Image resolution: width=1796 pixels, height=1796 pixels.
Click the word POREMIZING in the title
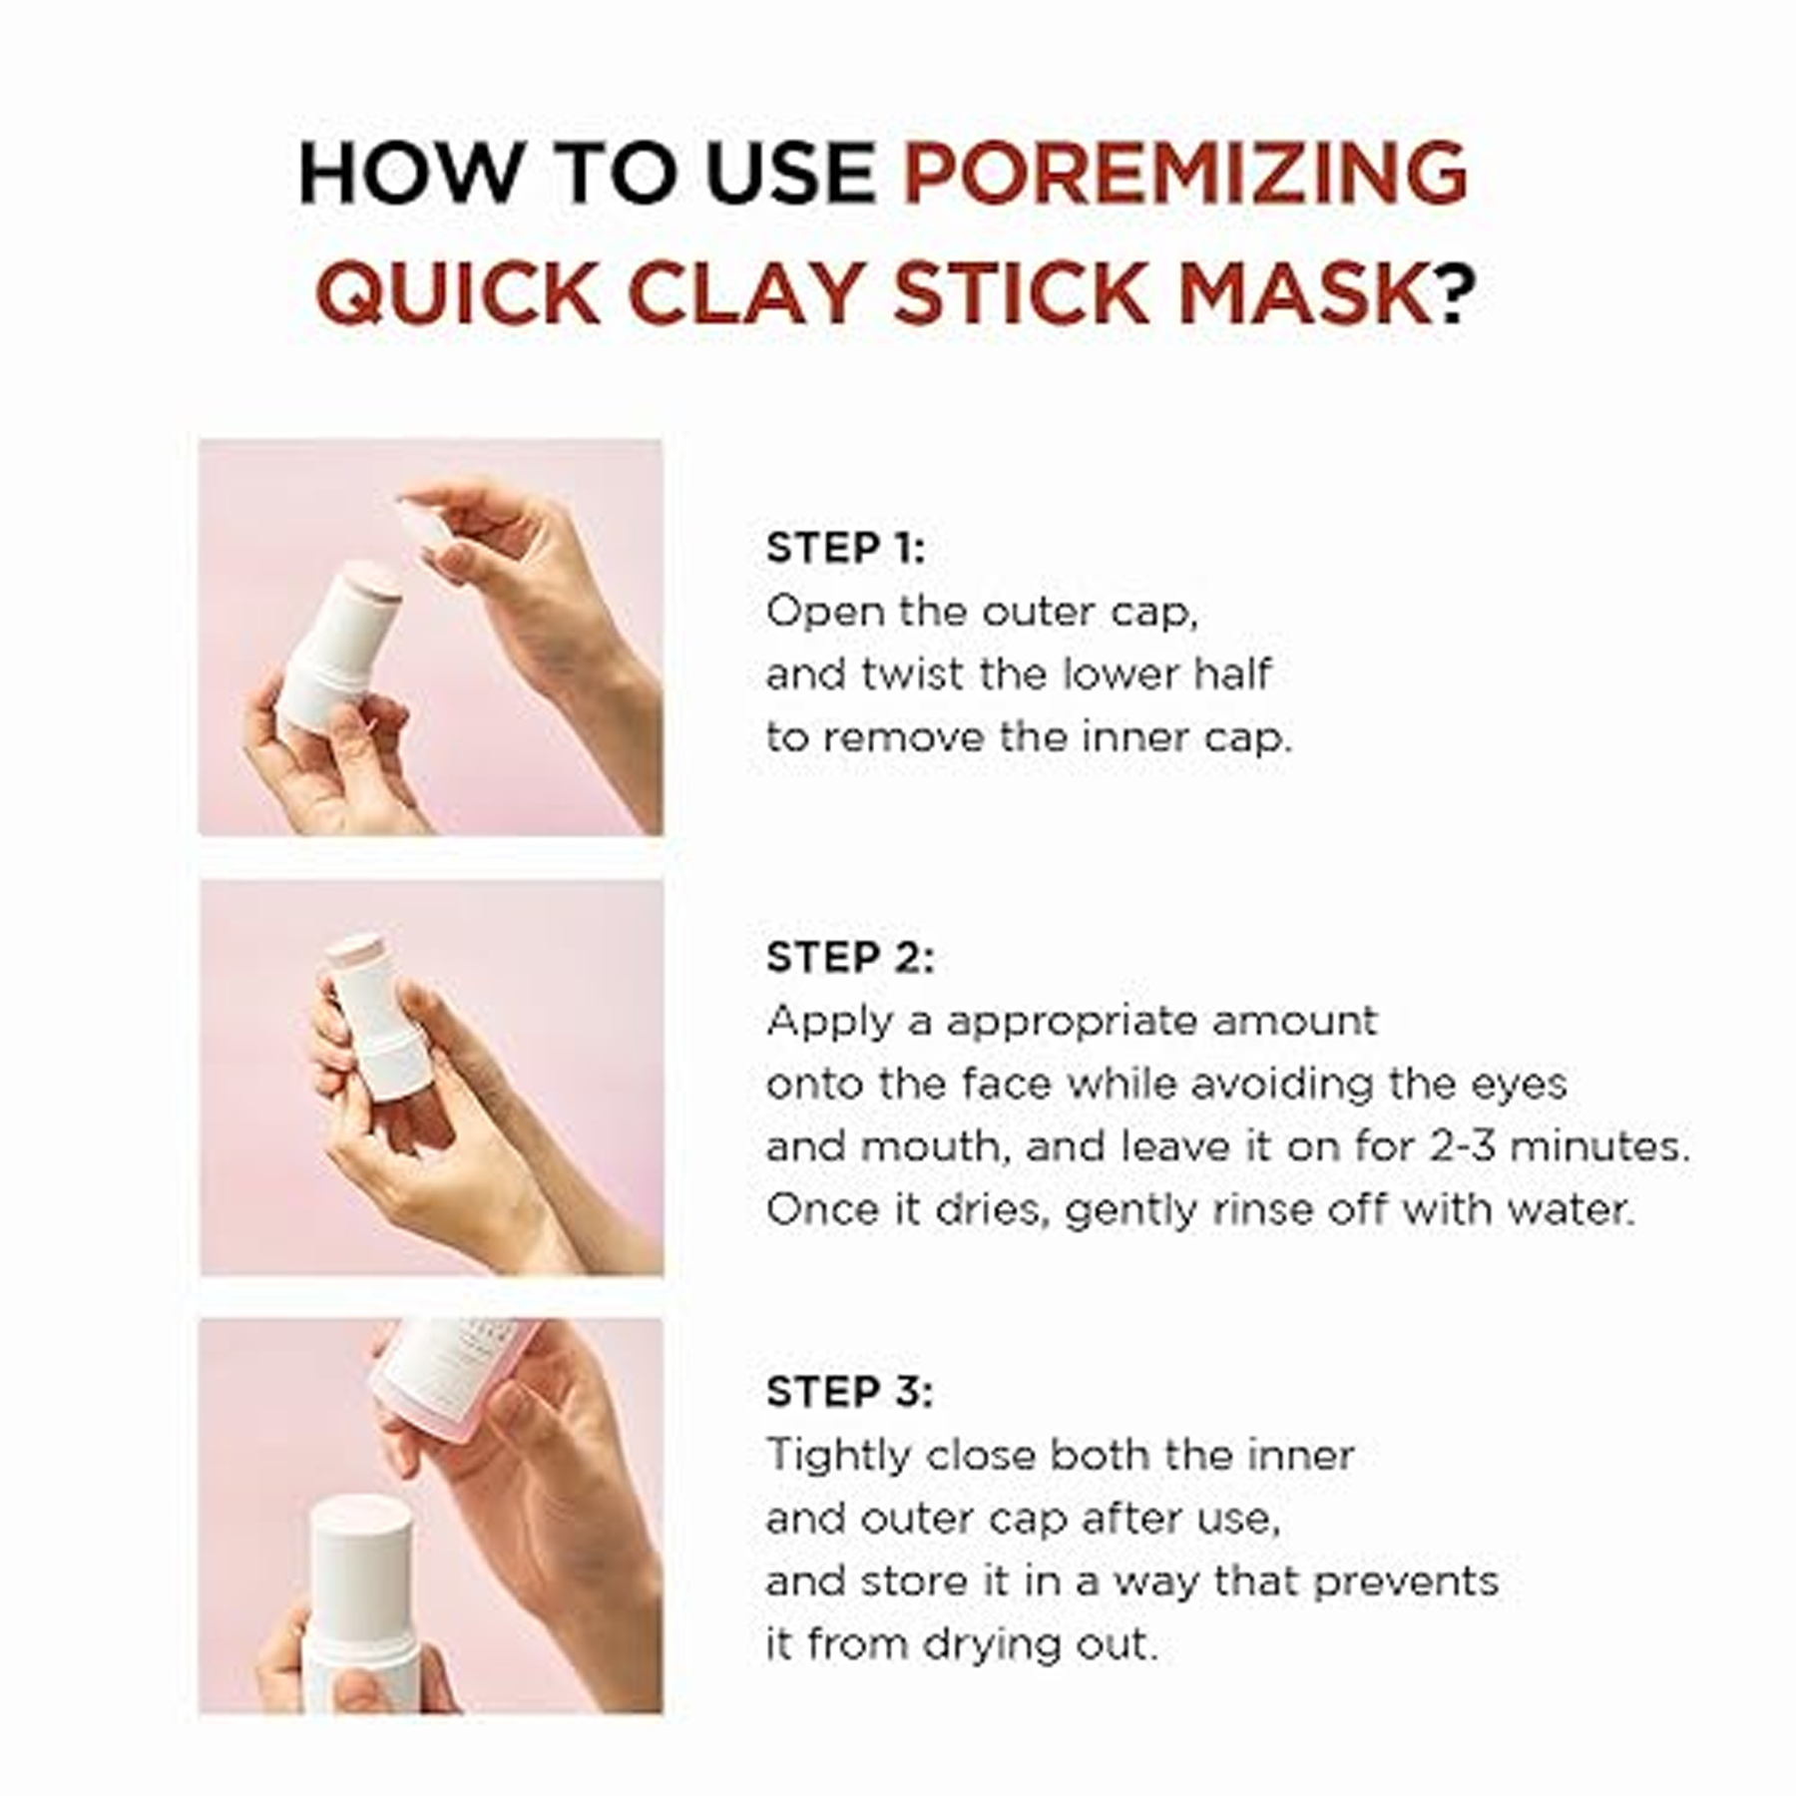1184,173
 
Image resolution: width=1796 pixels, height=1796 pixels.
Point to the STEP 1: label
845,548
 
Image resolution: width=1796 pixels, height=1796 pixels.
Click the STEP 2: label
849,957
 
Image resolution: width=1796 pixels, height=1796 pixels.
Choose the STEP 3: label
849,1391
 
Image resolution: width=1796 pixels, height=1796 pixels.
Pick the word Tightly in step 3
839,1456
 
